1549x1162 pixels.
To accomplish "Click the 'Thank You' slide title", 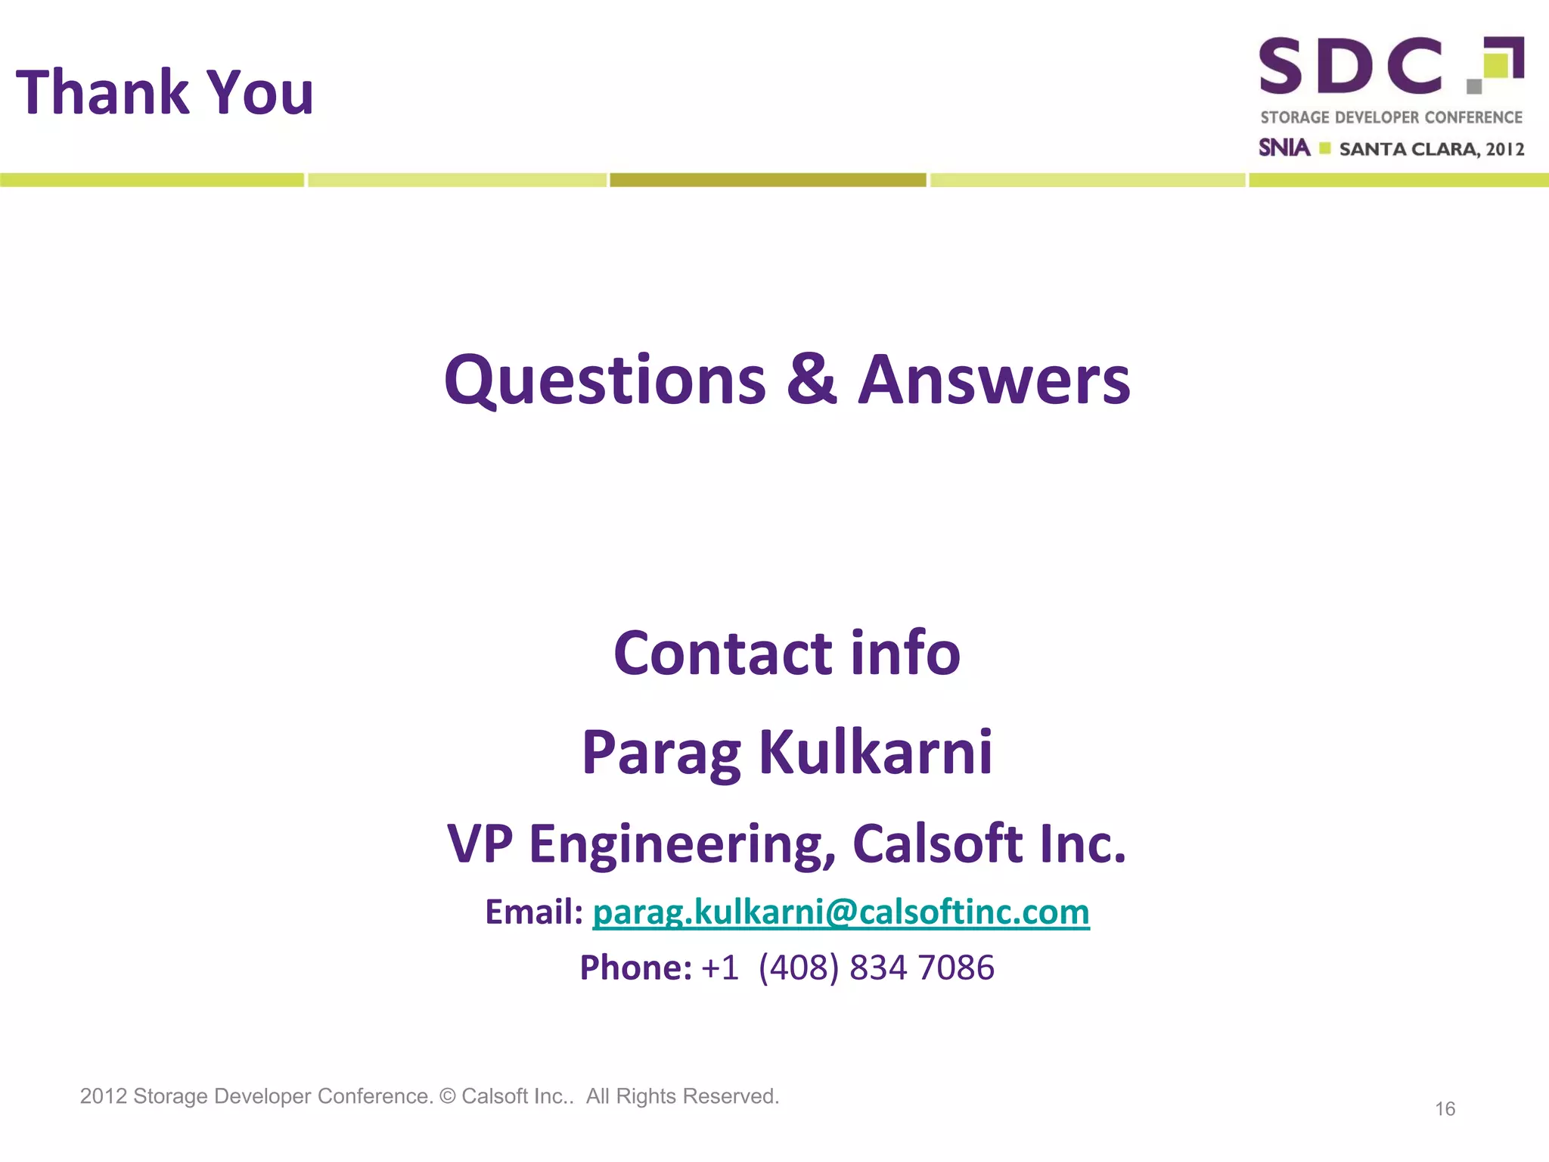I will pos(165,92).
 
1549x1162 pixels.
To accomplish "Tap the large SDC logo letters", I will pos(1351,67).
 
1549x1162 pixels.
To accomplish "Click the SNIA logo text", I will pos(1284,148).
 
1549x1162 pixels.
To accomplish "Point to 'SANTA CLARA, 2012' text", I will pos(1431,149).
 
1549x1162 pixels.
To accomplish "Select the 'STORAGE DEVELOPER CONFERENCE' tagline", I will pos(1391,117).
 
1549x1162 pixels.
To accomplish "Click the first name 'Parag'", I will pos(661,753).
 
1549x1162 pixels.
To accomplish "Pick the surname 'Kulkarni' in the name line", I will pos(875,752).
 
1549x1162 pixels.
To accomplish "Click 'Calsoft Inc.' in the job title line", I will pos(989,844).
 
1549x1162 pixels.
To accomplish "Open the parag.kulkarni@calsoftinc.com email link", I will pos(841,912).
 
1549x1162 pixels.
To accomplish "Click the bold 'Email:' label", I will pos(534,912).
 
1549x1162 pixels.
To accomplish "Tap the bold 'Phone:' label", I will pos(635,968).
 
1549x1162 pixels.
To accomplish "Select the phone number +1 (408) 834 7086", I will pos(848,968).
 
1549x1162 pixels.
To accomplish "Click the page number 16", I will pos(1445,1109).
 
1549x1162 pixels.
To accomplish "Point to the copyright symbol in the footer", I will pos(448,1096).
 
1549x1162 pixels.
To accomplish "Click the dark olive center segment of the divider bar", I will pos(768,180).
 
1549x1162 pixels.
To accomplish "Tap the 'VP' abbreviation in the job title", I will pos(480,844).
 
